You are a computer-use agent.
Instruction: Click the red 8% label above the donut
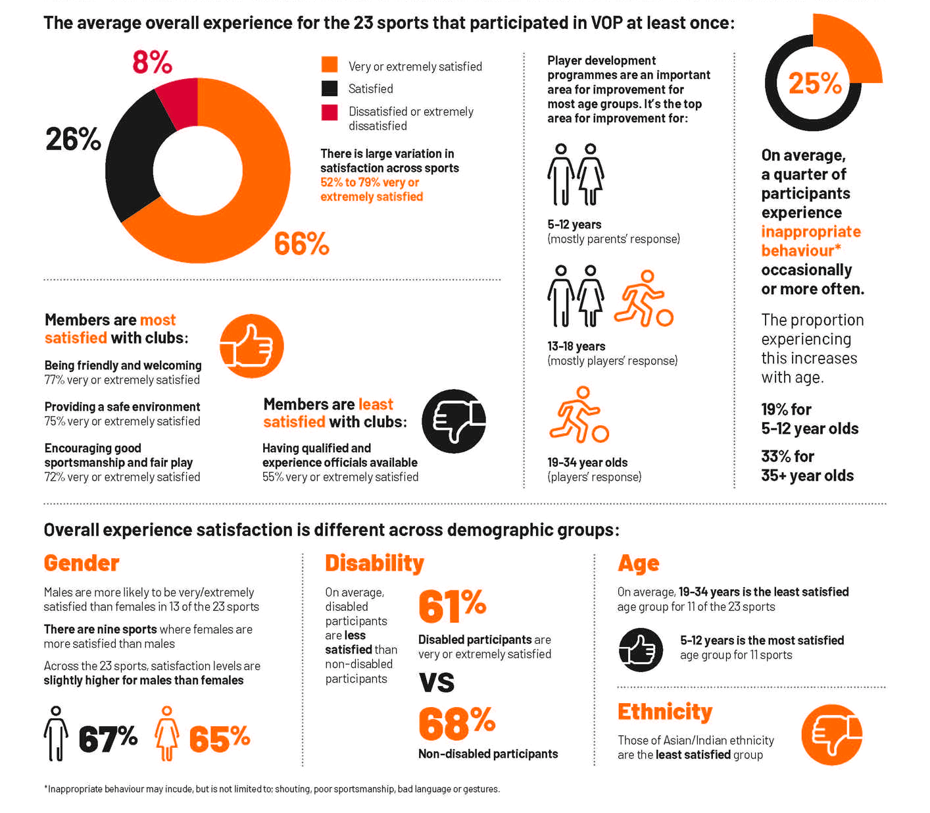click(x=152, y=63)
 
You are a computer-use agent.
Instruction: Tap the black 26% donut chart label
click(x=73, y=139)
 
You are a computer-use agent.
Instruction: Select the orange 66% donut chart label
click(x=301, y=244)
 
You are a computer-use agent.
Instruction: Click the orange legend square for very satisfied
click(x=330, y=65)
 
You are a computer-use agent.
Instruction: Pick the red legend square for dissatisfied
click(x=330, y=113)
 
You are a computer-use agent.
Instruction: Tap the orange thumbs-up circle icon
click(x=251, y=346)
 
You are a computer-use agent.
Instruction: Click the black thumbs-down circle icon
click(x=453, y=421)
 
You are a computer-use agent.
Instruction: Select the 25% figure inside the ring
click(x=814, y=84)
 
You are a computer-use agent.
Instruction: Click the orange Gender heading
click(x=82, y=564)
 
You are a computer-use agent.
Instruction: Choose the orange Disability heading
click(x=374, y=564)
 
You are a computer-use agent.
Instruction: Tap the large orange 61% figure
click(x=452, y=606)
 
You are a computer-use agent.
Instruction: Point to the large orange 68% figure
click(x=456, y=723)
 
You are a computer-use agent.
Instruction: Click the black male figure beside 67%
click(x=57, y=734)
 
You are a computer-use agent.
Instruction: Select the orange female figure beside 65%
click(x=167, y=734)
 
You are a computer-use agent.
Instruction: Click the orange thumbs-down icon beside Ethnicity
click(x=831, y=735)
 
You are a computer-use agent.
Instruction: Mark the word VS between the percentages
click(x=437, y=683)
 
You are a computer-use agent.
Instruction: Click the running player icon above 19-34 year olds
click(x=578, y=415)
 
